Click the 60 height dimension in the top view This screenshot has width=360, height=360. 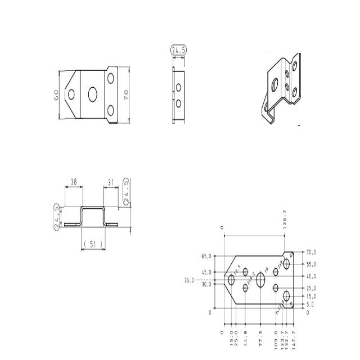[56, 94]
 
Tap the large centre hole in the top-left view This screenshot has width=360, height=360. [92, 94]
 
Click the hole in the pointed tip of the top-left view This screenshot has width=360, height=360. [71, 94]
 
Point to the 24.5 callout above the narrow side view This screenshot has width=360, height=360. [179, 50]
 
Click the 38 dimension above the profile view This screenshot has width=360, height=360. [74, 182]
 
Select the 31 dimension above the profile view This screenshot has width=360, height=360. [110, 182]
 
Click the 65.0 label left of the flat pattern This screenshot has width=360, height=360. [206, 256]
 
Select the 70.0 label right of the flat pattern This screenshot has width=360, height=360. [310, 253]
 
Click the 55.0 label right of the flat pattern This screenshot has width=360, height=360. [310, 264]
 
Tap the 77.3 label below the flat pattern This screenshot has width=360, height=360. [260, 341]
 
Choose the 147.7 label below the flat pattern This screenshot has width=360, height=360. [293, 341]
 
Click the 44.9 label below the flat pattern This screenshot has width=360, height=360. [246, 341]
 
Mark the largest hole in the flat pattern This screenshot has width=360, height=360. [260, 280]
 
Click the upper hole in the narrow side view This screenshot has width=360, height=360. [178, 87]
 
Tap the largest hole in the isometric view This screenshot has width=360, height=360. [274, 84]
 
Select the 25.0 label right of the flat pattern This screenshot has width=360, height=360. [310, 288]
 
